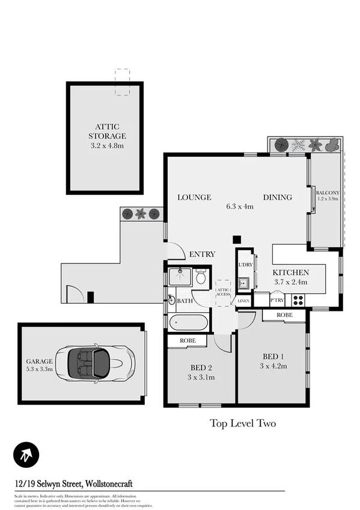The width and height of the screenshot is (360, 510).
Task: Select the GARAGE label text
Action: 39,361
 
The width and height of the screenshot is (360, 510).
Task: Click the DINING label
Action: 277,197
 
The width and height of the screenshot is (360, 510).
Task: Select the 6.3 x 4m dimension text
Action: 240,206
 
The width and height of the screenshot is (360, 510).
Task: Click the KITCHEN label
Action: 291,272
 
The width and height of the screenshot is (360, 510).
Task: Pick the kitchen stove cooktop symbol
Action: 298,300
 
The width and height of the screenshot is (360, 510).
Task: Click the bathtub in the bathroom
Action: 189,322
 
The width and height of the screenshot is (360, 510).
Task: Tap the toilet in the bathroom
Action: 201,277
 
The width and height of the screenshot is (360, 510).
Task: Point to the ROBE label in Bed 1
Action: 285,315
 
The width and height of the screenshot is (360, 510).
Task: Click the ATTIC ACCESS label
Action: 224,292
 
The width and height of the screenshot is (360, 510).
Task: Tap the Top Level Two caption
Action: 242,423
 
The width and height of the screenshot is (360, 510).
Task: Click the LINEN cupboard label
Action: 243,301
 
